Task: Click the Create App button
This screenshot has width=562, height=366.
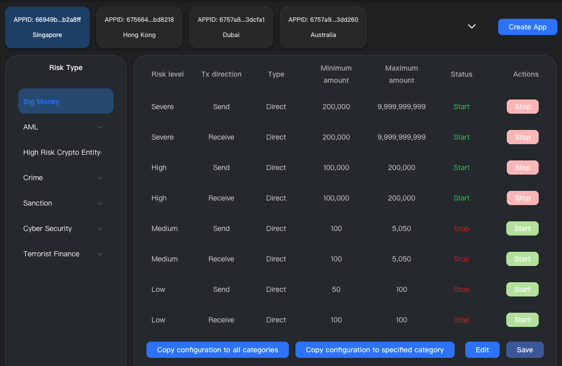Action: click(528, 27)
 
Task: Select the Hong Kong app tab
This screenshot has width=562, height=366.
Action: click(139, 27)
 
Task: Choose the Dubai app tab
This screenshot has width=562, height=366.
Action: click(231, 27)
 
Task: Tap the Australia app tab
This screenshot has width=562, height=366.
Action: click(323, 27)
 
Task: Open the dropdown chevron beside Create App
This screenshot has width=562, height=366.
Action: click(472, 26)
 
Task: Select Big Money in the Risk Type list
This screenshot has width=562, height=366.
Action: click(66, 102)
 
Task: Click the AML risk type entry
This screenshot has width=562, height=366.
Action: click(31, 127)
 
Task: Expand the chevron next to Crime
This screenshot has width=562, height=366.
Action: click(100, 178)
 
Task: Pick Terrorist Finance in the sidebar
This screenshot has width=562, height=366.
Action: click(51, 254)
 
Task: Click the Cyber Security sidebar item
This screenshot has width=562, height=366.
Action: click(48, 228)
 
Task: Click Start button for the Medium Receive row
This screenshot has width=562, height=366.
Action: click(522, 259)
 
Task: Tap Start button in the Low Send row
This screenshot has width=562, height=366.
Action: click(522, 289)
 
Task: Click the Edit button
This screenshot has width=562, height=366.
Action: click(482, 350)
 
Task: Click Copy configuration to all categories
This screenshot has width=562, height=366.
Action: click(217, 350)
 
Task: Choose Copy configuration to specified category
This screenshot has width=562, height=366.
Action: click(374, 350)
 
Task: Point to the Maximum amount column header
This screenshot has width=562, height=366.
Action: click(401, 74)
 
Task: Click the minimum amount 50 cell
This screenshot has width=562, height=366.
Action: click(336, 289)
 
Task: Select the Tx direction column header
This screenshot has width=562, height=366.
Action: click(221, 74)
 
